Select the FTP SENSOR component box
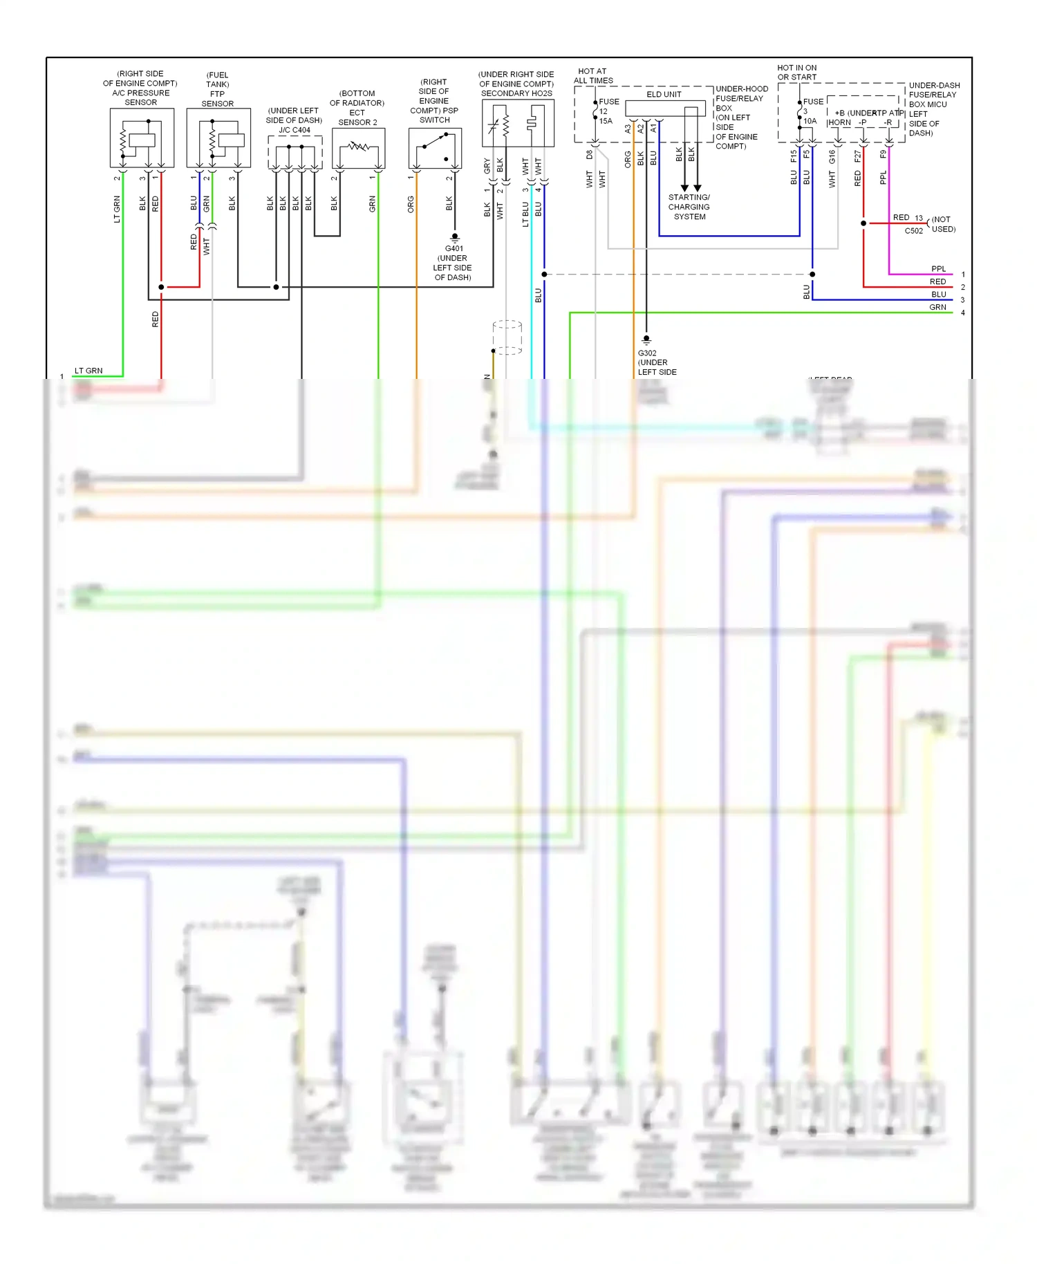click(x=218, y=138)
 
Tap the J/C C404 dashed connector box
click(x=295, y=152)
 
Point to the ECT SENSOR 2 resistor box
click(x=358, y=148)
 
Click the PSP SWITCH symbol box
click(x=435, y=148)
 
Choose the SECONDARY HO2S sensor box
click(x=518, y=123)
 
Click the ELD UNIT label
click(x=664, y=95)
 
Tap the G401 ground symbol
click(x=454, y=237)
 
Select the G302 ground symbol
click(x=646, y=340)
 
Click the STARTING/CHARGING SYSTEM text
click(x=689, y=207)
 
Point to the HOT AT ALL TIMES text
click(x=593, y=76)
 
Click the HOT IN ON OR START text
click(x=796, y=73)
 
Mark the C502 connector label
click(x=913, y=232)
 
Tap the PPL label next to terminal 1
click(x=938, y=269)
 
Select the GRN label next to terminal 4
click(x=937, y=308)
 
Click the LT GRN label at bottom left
click(x=88, y=371)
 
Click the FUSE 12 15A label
click(x=606, y=111)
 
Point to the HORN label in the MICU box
click(x=839, y=122)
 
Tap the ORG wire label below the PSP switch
click(x=411, y=204)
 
